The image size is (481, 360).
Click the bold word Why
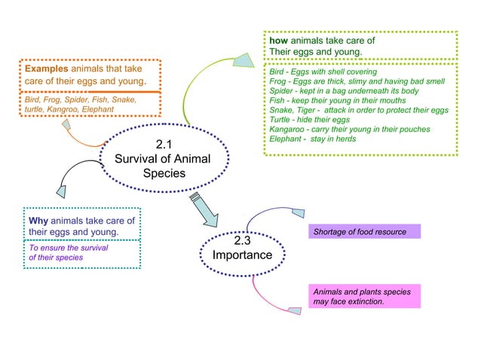coord(38,221)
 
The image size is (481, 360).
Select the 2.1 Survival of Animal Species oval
coord(161,159)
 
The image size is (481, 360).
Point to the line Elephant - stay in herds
coord(317,139)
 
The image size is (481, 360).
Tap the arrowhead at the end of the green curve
coord(243,60)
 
